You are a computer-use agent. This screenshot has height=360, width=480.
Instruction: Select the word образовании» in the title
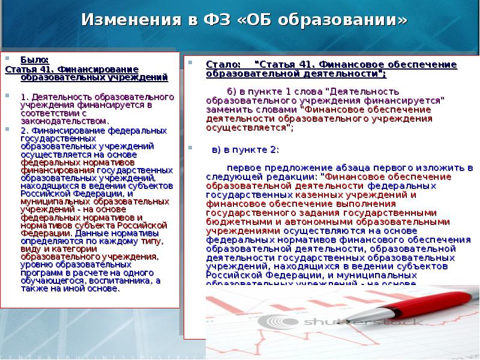tap(350, 20)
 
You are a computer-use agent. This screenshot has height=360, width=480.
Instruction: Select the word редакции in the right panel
tap(287, 178)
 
